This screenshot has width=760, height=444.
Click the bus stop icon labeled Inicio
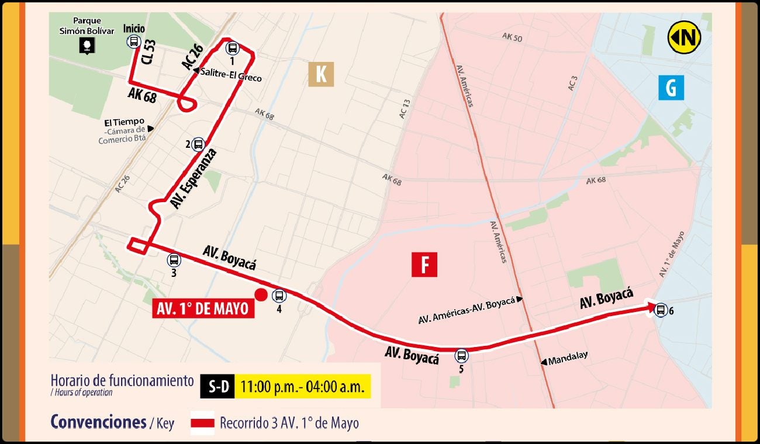click(134, 41)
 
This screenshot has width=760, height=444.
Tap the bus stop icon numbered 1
click(232, 48)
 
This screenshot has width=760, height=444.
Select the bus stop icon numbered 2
click(198, 144)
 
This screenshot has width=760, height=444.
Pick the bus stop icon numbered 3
click(174, 260)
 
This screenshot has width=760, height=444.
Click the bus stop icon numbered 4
click(279, 296)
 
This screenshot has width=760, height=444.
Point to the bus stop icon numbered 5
click(461, 355)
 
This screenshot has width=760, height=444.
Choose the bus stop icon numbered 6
click(661, 310)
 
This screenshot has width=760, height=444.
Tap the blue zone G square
click(671, 88)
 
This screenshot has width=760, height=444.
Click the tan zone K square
click(321, 74)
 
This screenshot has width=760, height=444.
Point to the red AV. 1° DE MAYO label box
click(203, 308)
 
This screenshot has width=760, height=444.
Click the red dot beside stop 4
click(261, 295)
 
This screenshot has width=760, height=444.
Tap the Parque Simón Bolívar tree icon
click(87, 46)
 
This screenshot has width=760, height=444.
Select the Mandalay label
click(568, 356)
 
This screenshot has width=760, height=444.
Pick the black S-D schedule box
click(217, 386)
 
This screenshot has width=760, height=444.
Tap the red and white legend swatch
click(202, 423)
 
